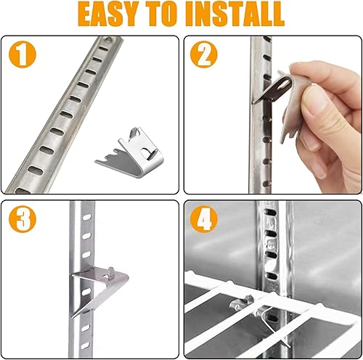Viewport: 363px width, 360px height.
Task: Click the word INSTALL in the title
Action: (231, 15)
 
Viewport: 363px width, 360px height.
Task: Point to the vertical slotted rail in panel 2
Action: (260, 145)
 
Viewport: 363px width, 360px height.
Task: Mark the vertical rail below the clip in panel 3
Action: (85, 319)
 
